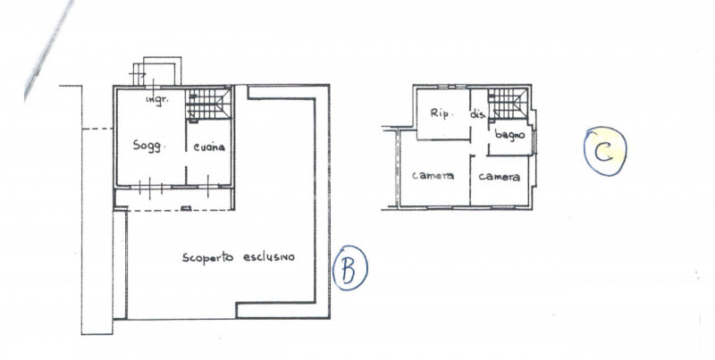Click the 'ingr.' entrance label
pyautogui.click(x=157, y=100)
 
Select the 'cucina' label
pyautogui.click(x=209, y=147)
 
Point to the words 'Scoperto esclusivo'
pyautogui.click(x=238, y=257)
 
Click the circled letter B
pyautogui.click(x=349, y=268)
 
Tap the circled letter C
pyautogui.click(x=605, y=151)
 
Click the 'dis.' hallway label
pyautogui.click(x=478, y=115)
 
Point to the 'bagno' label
pyautogui.click(x=509, y=135)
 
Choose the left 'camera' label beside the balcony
pyautogui.click(x=433, y=175)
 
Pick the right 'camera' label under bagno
pyautogui.click(x=500, y=176)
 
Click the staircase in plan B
pyautogui.click(x=209, y=105)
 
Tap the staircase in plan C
pyautogui.click(x=508, y=104)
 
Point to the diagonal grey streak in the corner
pyautogui.click(x=48, y=49)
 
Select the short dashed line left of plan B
pyautogui.click(x=97, y=129)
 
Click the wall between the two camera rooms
pyautogui.click(x=470, y=180)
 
